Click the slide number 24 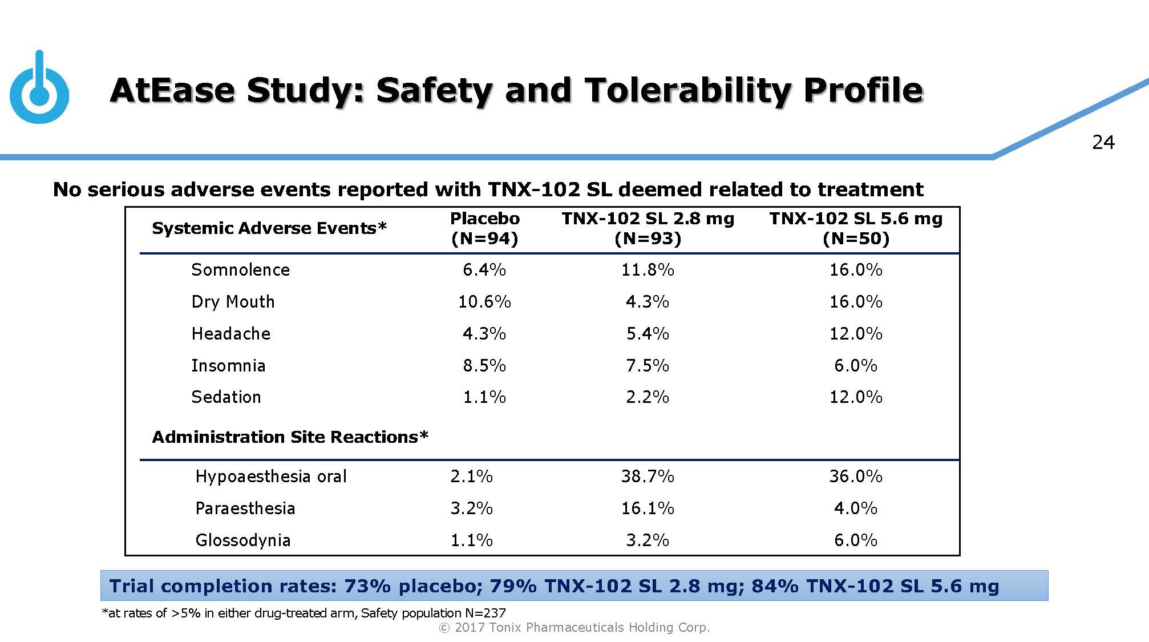click(x=1103, y=142)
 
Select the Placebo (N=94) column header click(x=484, y=228)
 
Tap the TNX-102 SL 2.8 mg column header click(x=648, y=228)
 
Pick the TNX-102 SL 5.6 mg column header click(x=856, y=228)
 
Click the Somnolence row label click(x=240, y=270)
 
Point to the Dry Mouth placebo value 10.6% click(x=484, y=302)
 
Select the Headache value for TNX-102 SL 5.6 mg click(x=856, y=334)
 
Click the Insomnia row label click(x=228, y=366)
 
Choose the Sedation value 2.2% click(x=648, y=397)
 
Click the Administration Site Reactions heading click(x=290, y=437)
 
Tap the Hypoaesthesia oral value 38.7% click(x=648, y=477)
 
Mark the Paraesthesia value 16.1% click(x=648, y=508)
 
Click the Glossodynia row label click(x=243, y=540)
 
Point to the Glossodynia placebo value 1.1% click(x=471, y=540)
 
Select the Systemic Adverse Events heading click(x=269, y=228)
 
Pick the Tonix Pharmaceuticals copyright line click(x=574, y=628)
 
